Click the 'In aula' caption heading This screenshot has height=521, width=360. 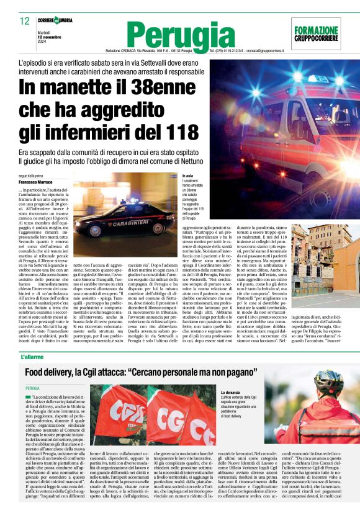tap(187, 176)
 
